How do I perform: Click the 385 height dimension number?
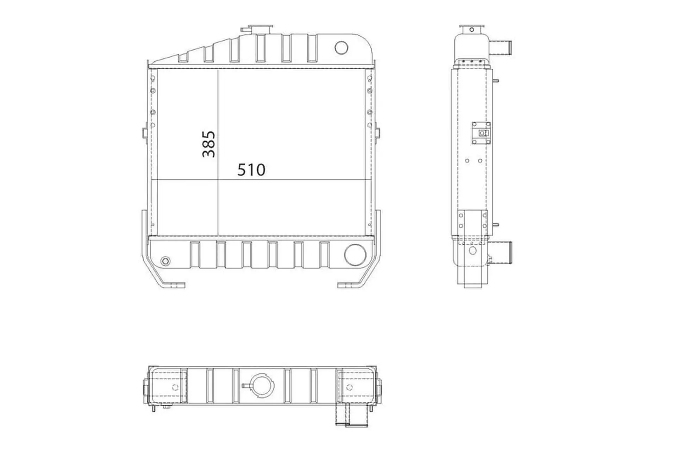[x=209, y=144]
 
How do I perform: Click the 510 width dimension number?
[x=251, y=170]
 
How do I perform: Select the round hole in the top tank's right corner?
[x=341, y=47]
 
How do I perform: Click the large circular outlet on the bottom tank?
[x=355, y=255]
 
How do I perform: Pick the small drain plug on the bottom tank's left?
[x=165, y=261]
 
